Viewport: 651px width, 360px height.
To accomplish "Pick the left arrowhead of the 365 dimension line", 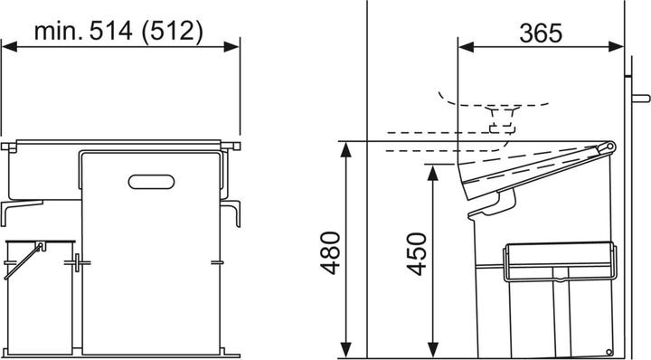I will (465, 51).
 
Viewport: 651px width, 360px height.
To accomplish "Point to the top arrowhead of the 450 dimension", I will (435, 169).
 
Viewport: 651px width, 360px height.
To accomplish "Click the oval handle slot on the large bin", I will (153, 182).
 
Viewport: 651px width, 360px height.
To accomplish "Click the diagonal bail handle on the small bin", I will (22, 263).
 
